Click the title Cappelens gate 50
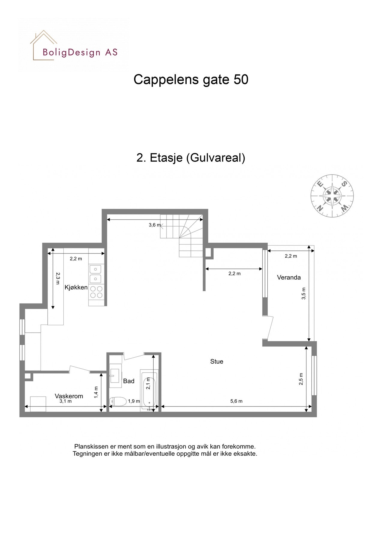pyautogui.click(x=191, y=79)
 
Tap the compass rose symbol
pyautogui.click(x=332, y=196)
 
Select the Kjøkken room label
pyautogui.click(x=76, y=287)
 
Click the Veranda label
pyautogui.click(x=289, y=277)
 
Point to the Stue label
pyautogui.click(x=217, y=361)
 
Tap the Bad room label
pyautogui.click(x=129, y=381)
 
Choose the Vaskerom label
pyautogui.click(x=69, y=396)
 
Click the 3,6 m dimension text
pyautogui.click(x=155, y=225)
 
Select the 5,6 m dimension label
pyautogui.click(x=236, y=401)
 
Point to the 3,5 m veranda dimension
pyautogui.click(x=304, y=293)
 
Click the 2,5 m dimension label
pyautogui.click(x=301, y=379)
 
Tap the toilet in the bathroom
pyautogui.click(x=118, y=401)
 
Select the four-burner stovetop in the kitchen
pyautogui.click(x=96, y=292)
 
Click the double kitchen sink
pyautogui.click(x=95, y=274)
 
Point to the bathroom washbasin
pyautogui.click(x=115, y=376)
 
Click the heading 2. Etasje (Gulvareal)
pyautogui.click(x=191, y=157)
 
